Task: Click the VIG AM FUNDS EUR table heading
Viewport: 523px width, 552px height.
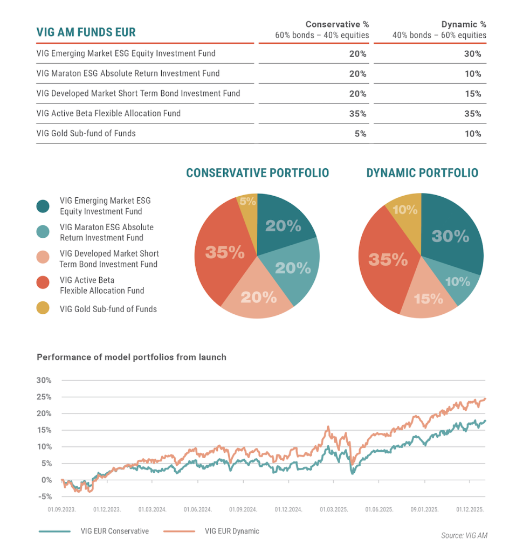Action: pos(86,32)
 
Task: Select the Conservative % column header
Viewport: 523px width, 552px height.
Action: pos(322,30)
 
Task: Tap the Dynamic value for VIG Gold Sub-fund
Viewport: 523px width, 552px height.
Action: pos(473,134)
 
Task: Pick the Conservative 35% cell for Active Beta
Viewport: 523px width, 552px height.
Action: pos(357,114)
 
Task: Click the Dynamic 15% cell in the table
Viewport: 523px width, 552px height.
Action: pos(473,94)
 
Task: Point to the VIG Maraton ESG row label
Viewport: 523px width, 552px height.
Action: pos(128,73)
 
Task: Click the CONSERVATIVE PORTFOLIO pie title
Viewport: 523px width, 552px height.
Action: pos(257,173)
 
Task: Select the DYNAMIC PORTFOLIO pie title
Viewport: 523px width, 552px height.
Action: pos(422,173)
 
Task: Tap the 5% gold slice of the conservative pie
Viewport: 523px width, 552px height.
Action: pos(247,202)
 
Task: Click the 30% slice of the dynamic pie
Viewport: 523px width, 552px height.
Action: pos(451,236)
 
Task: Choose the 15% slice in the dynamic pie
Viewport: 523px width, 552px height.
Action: pos(428,298)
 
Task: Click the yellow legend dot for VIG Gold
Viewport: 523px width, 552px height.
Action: pos(43,308)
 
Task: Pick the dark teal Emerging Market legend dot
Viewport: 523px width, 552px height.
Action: pos(43,206)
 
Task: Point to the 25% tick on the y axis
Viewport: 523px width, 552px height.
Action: pos(44,397)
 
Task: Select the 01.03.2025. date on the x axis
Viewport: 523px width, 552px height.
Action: pos(334,509)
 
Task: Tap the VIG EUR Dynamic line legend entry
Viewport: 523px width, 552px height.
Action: pos(232,532)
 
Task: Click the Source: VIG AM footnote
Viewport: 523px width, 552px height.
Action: pos(464,535)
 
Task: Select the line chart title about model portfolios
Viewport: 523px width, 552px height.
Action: pos(132,357)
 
